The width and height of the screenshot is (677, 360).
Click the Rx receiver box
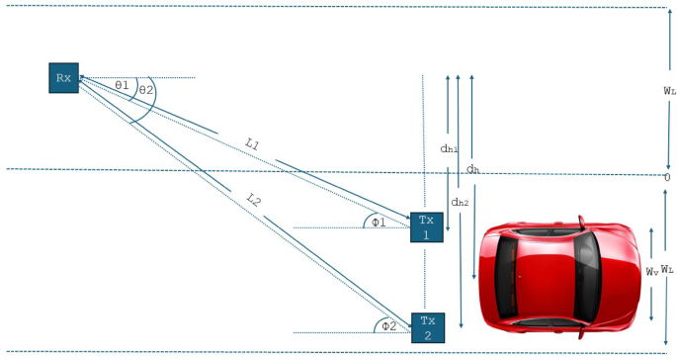click(x=64, y=77)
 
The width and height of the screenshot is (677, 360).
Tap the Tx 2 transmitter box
click(x=427, y=327)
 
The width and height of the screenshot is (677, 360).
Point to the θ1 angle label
click(x=123, y=86)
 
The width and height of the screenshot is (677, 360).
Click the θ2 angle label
click(x=146, y=90)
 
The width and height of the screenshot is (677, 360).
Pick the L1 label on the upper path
click(x=252, y=144)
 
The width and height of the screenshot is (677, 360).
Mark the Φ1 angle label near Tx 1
click(x=379, y=223)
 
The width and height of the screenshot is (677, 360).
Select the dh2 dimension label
click(x=459, y=203)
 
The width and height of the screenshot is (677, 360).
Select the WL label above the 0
click(x=669, y=90)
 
